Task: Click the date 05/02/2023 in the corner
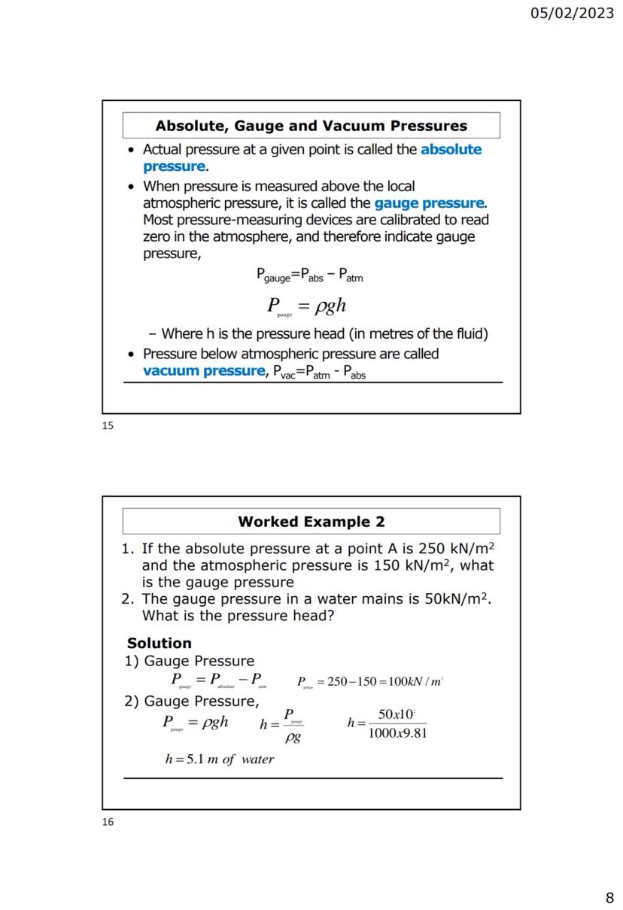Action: pyautogui.click(x=572, y=14)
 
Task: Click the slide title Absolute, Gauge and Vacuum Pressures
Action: pyautogui.click(x=311, y=126)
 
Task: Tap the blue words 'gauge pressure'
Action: pyautogui.click(x=429, y=203)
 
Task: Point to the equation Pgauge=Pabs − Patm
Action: pyautogui.click(x=310, y=276)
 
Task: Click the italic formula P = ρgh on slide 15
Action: pyautogui.click(x=307, y=306)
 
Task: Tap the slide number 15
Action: pyautogui.click(x=108, y=425)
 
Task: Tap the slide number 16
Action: pyautogui.click(x=108, y=822)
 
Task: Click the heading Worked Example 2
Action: pyautogui.click(x=311, y=522)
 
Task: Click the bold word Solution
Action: pyautogui.click(x=159, y=643)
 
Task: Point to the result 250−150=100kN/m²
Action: pyautogui.click(x=384, y=682)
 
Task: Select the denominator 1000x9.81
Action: pyautogui.click(x=397, y=733)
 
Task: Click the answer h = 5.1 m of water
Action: pyautogui.click(x=219, y=759)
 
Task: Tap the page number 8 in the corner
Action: pyautogui.click(x=609, y=897)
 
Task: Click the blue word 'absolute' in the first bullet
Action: pyautogui.click(x=451, y=149)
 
